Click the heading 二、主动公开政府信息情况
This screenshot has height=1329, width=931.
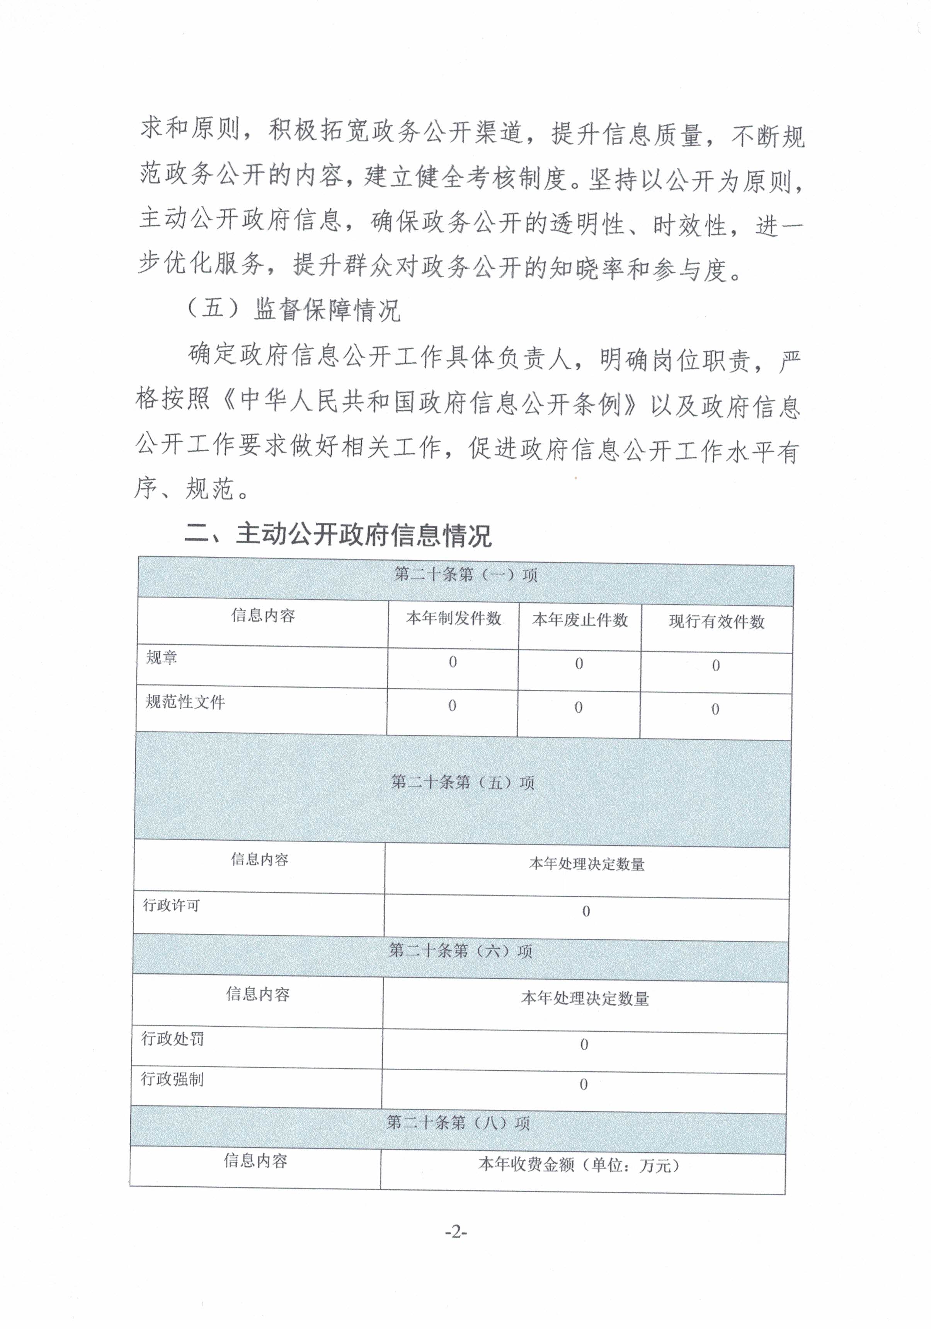(x=338, y=534)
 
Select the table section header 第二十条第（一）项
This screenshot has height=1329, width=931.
(x=466, y=575)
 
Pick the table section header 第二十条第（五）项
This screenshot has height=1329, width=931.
(x=462, y=783)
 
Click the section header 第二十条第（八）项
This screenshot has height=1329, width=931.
(x=458, y=1123)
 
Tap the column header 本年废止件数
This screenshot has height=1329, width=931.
(x=580, y=620)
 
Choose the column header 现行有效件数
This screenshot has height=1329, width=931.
(x=717, y=622)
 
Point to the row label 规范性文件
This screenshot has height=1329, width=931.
(x=185, y=702)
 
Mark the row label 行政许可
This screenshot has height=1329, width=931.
(x=171, y=905)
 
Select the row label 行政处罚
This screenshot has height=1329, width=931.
(x=172, y=1039)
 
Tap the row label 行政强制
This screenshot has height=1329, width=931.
(x=172, y=1079)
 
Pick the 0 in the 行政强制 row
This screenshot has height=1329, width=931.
(x=583, y=1084)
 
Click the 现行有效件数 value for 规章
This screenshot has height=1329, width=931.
(x=716, y=665)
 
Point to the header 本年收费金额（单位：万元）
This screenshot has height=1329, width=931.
(x=579, y=1165)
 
